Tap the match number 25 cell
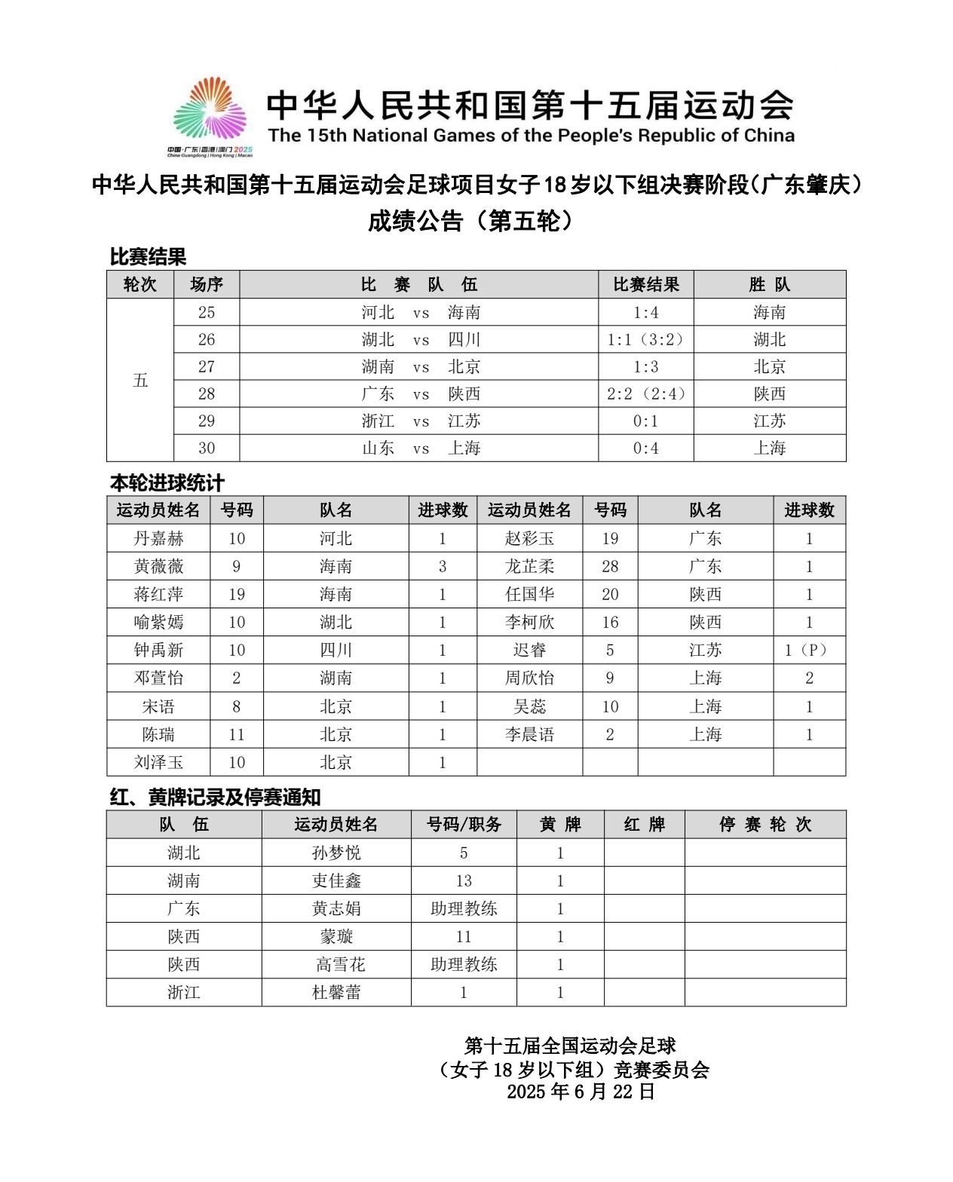(x=207, y=312)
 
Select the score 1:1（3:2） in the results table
(x=646, y=339)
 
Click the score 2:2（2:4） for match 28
(x=646, y=393)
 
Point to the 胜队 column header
(x=770, y=284)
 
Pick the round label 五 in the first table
(x=140, y=380)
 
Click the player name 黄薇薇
(x=158, y=566)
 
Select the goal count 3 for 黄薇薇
(x=443, y=566)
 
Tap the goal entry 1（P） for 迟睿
(x=809, y=650)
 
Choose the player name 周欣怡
(x=529, y=678)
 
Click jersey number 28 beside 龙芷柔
(x=610, y=566)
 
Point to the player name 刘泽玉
(x=158, y=762)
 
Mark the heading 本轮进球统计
(x=167, y=482)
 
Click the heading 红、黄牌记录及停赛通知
(x=216, y=797)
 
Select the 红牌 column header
(x=645, y=824)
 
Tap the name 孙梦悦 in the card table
(x=336, y=853)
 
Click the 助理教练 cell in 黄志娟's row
(x=464, y=908)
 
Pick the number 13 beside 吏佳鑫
(x=464, y=880)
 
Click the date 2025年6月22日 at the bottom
(x=581, y=1092)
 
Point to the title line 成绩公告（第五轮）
(x=475, y=221)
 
